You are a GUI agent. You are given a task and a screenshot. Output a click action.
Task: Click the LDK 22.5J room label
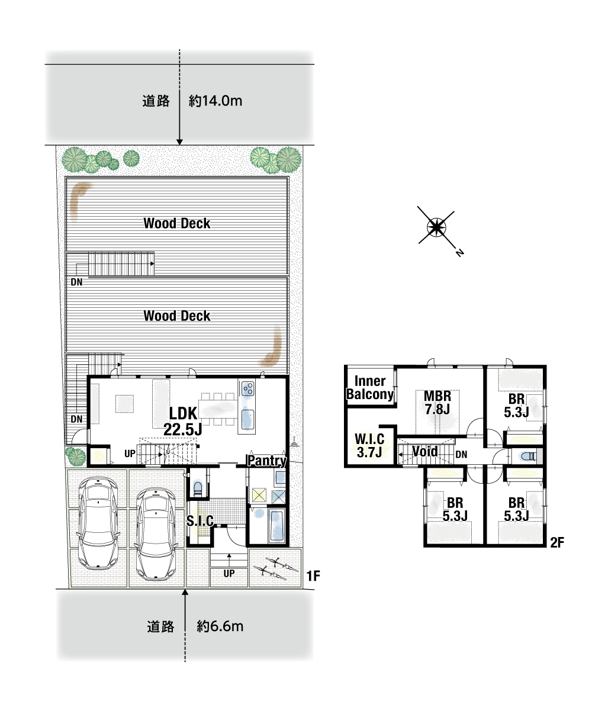pos(182,421)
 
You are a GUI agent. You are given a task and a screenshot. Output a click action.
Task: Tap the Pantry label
pos(267,461)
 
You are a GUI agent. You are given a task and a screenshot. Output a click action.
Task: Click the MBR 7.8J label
pos(437,402)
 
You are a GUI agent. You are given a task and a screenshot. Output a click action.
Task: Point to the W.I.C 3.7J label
pos(369,445)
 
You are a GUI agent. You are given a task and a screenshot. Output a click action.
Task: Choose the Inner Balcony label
pos(370,387)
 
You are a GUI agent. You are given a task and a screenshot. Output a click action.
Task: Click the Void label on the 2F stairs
pos(425,452)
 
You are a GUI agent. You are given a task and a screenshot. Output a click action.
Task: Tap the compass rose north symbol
pos(436,227)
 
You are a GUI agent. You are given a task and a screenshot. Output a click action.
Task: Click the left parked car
pos(98,523)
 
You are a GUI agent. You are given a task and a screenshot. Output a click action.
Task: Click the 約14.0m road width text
pos(215,101)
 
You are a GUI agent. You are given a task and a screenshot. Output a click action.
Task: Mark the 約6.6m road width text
pos(220,626)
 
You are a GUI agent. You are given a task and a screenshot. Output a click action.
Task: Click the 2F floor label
pos(557,542)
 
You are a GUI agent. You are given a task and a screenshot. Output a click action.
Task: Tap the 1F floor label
pos(313,576)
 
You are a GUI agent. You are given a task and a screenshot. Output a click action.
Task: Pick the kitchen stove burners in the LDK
pos(247,388)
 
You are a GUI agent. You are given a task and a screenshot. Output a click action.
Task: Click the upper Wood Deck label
pos(176,223)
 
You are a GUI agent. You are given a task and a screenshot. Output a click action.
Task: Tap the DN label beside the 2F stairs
pos(461,455)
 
